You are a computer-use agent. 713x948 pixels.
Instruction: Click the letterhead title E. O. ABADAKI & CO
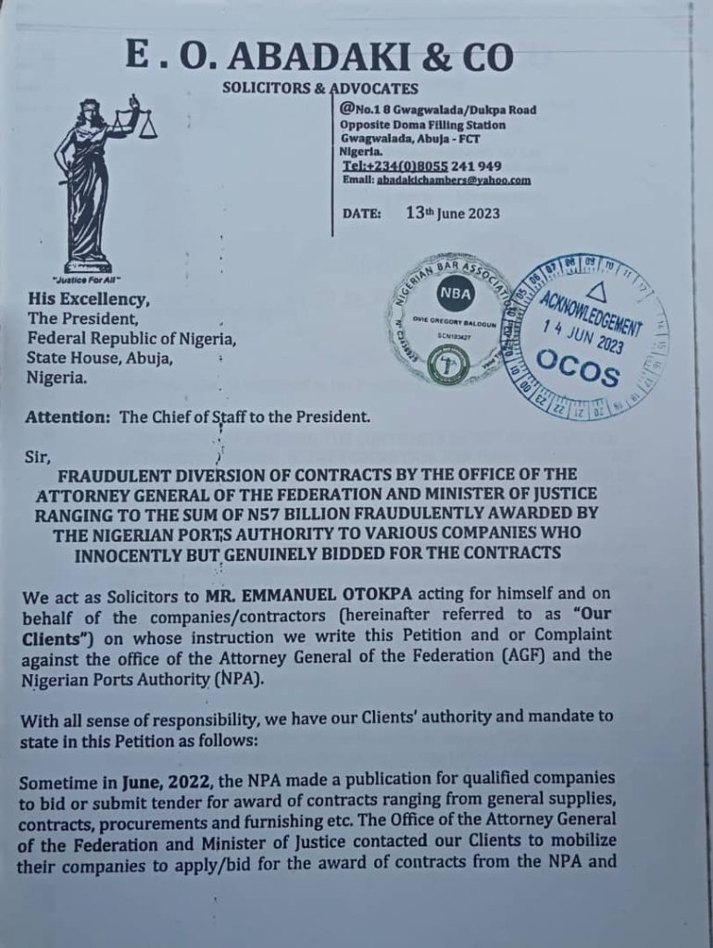coord(319,57)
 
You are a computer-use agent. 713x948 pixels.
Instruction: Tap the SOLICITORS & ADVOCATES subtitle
coord(319,90)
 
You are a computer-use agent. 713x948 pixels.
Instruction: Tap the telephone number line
coord(421,166)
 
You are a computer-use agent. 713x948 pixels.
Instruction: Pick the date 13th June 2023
coord(453,213)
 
